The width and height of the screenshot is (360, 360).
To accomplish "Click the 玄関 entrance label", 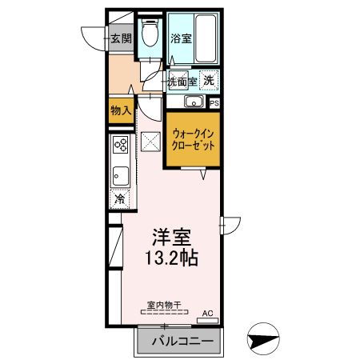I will click(x=121, y=37).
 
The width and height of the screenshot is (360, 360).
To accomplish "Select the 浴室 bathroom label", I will click(x=180, y=38).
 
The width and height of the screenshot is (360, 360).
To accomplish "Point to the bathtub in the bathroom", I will click(x=207, y=38).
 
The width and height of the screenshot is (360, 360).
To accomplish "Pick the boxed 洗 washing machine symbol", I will click(x=208, y=80).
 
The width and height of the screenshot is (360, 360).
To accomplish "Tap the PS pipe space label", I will click(x=214, y=102).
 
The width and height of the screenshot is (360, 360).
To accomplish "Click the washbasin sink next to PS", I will click(x=192, y=102).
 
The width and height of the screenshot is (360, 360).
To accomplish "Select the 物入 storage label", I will click(x=121, y=110).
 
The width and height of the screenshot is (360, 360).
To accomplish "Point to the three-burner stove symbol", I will click(x=121, y=146).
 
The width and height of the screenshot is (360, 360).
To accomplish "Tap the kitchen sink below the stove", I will click(x=121, y=174).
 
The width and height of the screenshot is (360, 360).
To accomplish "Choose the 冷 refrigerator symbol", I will click(x=120, y=198).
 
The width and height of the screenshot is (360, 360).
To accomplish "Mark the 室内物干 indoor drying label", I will click(x=164, y=304).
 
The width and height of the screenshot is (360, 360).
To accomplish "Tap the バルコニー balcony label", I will click(x=183, y=342).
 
